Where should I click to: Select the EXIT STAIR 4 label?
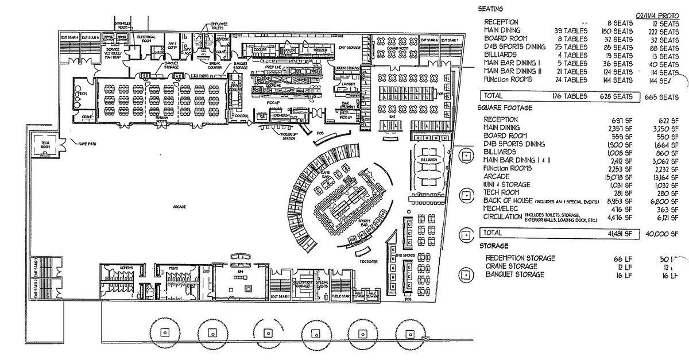[69, 37]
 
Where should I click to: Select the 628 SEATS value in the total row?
[621, 96]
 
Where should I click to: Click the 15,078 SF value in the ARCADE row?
[620, 176]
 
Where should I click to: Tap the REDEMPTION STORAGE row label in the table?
[520, 258]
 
